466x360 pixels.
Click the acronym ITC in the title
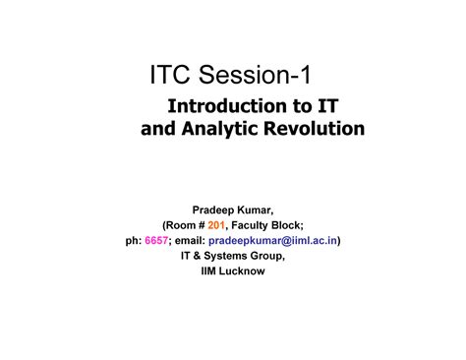175,75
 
